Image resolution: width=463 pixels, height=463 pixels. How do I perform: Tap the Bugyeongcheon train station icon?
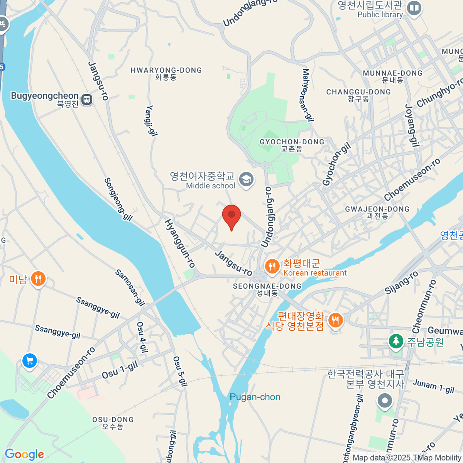click(87, 100)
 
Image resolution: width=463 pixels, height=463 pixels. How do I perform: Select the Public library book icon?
click(414, 8)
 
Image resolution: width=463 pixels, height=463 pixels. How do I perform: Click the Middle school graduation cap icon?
click(246, 179)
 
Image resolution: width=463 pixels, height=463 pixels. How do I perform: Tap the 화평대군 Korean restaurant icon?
click(272, 267)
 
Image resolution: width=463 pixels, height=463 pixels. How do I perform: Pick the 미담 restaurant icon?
click(38, 278)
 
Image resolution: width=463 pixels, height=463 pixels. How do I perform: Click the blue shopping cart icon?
click(29, 361)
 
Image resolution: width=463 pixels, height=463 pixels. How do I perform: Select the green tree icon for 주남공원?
click(395, 341)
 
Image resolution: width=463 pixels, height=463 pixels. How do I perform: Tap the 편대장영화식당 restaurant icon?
click(336, 320)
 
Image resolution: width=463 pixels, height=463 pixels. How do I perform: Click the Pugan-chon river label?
click(255, 397)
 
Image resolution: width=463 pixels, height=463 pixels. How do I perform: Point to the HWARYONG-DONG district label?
click(166, 71)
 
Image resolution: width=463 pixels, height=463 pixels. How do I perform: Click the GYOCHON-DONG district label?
click(292, 142)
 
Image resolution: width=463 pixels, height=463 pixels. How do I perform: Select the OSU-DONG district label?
click(113, 420)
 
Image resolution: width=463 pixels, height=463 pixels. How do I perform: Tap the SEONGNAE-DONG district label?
click(267, 286)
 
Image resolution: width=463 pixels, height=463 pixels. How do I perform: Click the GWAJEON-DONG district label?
click(377, 209)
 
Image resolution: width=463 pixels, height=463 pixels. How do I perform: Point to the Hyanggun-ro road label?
click(180, 243)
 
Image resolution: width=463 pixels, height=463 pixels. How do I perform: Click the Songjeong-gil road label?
click(118, 199)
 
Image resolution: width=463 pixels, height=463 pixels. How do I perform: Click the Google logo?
click(24, 455)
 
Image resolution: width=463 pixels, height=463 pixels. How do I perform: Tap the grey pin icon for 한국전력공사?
click(384, 401)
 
